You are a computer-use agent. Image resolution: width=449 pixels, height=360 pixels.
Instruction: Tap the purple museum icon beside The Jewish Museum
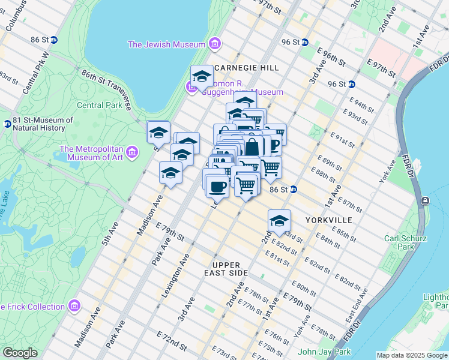[215, 44]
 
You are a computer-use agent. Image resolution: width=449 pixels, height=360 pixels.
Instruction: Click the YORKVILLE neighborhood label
[328, 220]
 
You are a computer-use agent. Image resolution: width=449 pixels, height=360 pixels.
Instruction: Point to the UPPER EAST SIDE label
[226, 269]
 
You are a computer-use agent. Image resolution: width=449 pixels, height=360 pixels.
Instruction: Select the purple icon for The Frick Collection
[74, 307]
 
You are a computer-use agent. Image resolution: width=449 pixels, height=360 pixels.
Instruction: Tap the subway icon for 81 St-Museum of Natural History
[7, 124]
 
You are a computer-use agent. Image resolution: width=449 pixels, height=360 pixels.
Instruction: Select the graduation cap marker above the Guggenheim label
[202, 77]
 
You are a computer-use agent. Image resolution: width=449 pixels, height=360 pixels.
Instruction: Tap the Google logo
[20, 353]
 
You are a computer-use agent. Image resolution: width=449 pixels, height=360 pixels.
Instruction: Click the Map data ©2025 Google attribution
[411, 355]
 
